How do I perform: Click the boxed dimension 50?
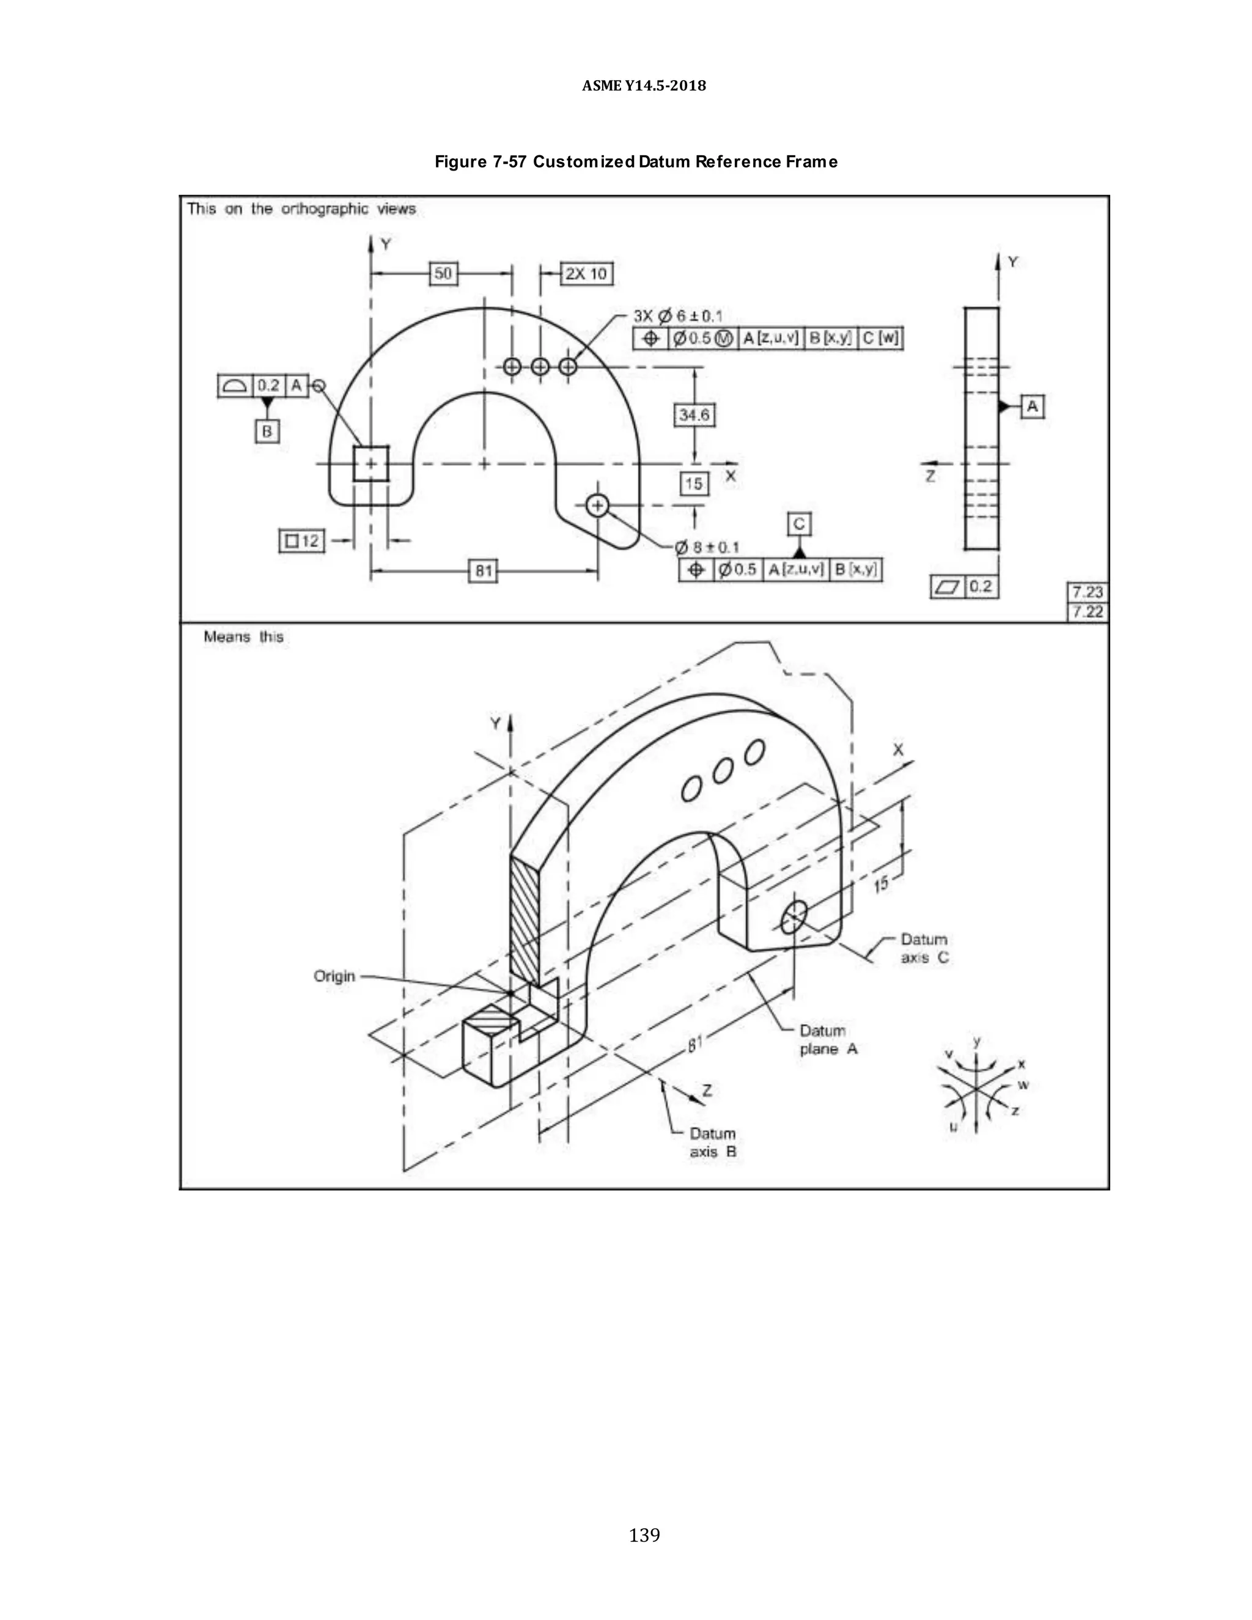click(x=443, y=273)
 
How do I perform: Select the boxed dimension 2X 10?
click(x=586, y=274)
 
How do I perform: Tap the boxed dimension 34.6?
click(x=693, y=414)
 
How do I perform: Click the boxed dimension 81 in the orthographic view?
click(x=484, y=570)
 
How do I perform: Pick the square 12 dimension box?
click(x=302, y=541)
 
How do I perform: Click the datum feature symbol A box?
click(x=1033, y=407)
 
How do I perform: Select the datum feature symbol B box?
click(x=267, y=431)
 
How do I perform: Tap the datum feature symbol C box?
click(x=799, y=524)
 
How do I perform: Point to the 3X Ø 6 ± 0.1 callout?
click(x=678, y=317)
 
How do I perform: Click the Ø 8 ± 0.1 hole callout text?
click(x=706, y=547)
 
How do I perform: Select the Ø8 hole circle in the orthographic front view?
click(x=597, y=506)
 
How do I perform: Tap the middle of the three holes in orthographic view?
click(x=540, y=366)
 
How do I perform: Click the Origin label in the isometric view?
click(x=334, y=976)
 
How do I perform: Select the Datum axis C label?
click(x=924, y=948)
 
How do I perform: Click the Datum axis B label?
click(x=713, y=1143)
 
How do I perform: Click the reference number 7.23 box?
click(x=1086, y=592)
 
